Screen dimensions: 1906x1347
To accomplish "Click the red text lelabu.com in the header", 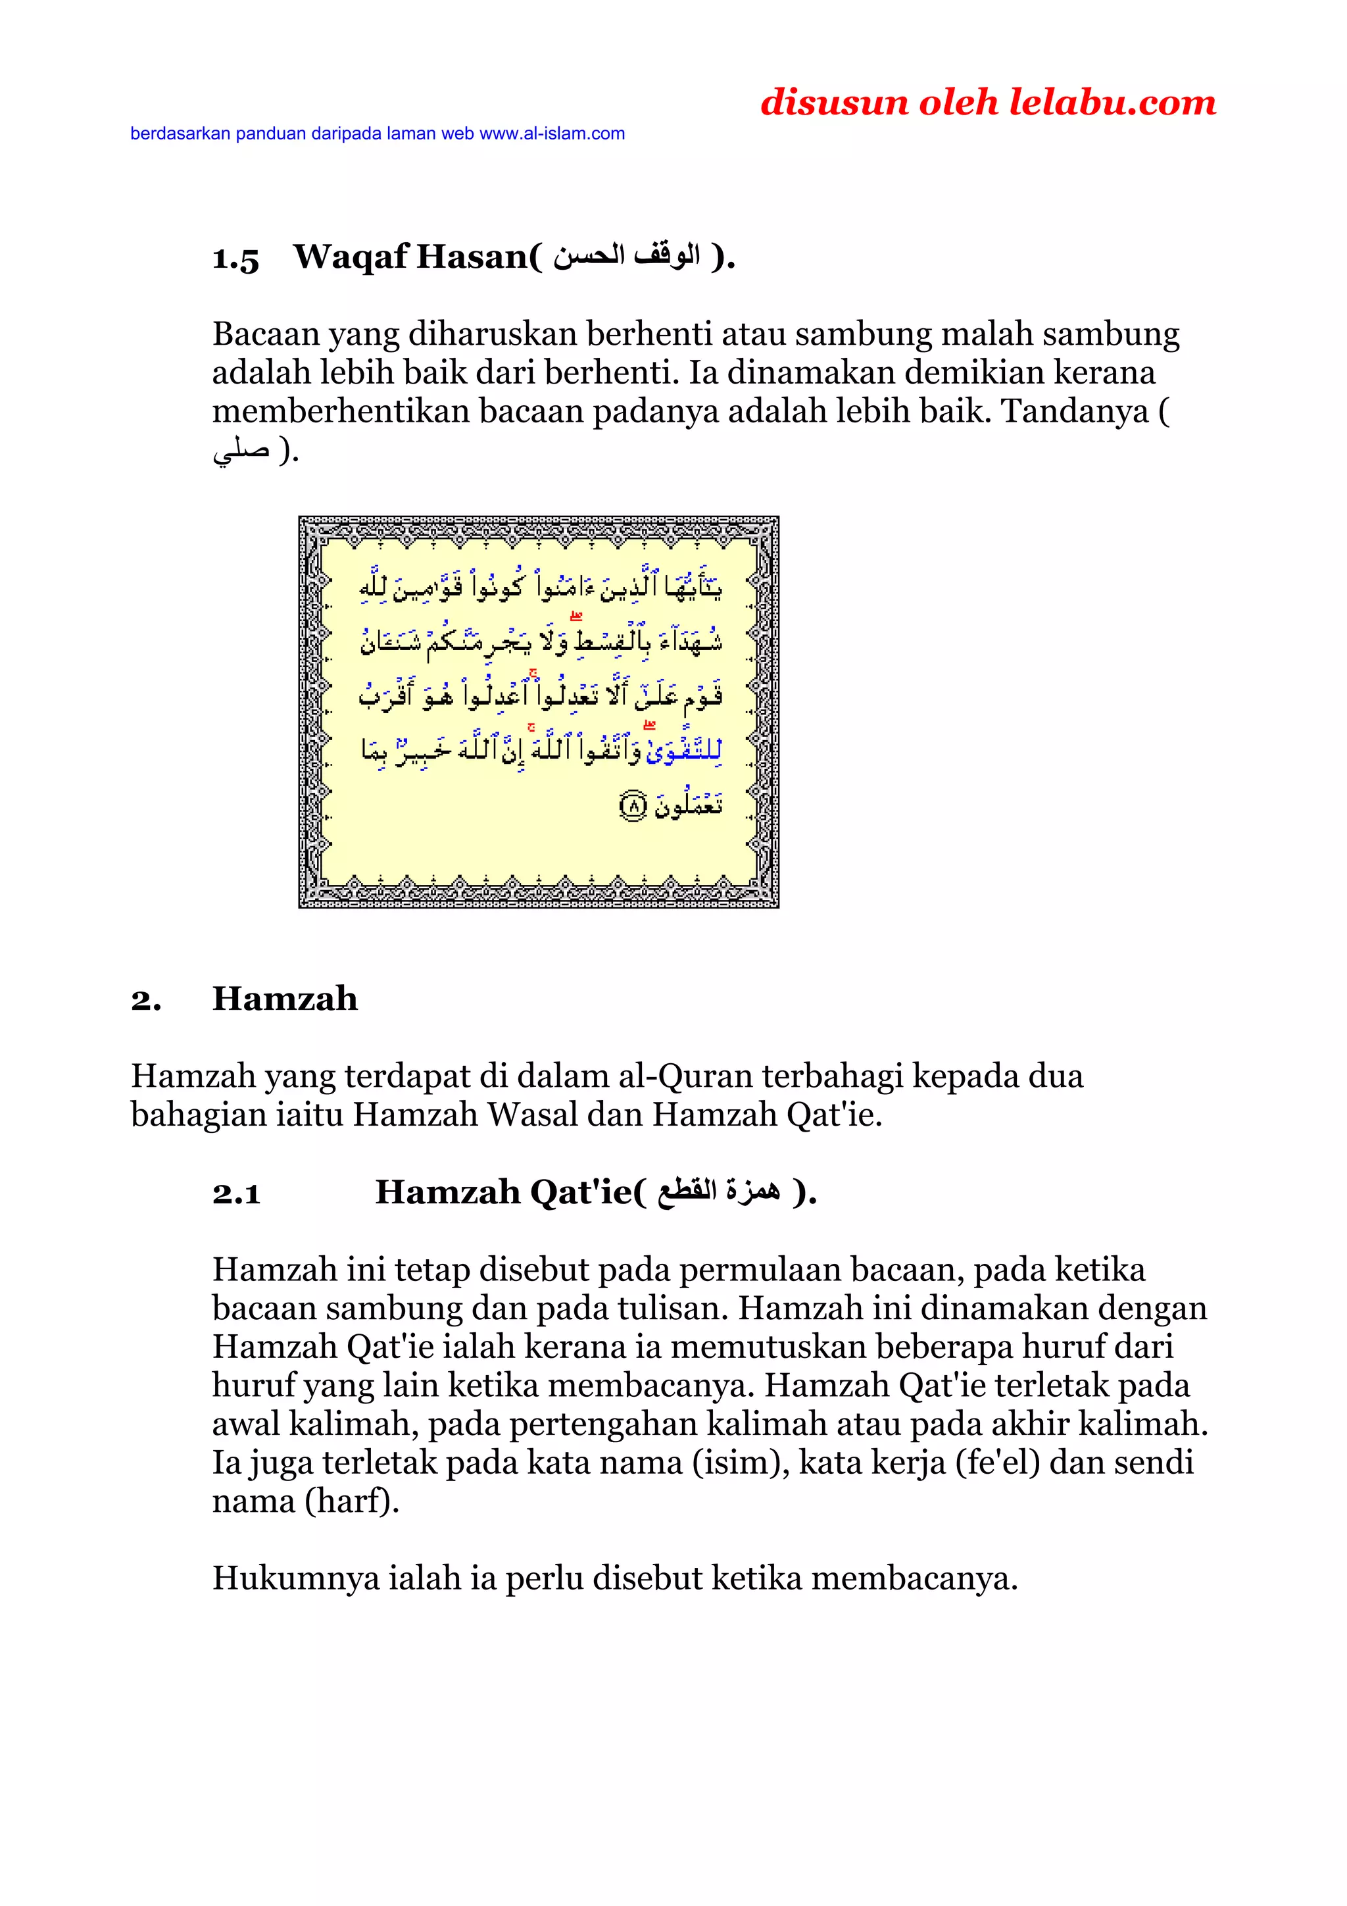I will tap(1112, 102).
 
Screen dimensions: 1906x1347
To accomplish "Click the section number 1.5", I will tap(235, 258).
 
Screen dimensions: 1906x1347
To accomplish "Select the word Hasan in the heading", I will tap(470, 257).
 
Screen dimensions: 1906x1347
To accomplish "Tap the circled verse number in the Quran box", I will tap(633, 805).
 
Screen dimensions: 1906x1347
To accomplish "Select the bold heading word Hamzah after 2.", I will tap(285, 999).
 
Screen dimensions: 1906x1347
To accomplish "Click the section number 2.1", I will tap(235, 1193).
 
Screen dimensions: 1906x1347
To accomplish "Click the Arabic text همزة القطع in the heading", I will tap(719, 1192).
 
